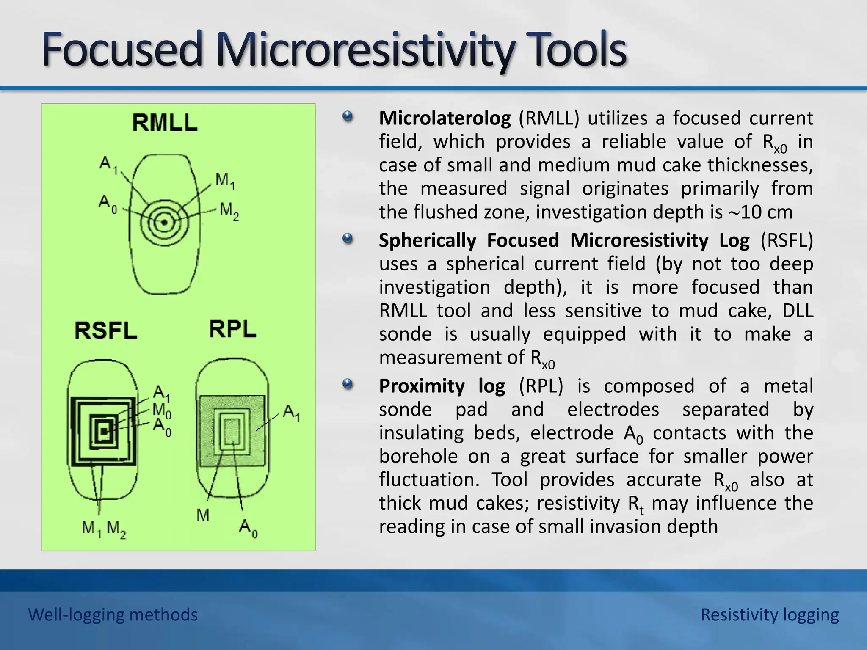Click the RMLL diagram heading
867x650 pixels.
[165, 123]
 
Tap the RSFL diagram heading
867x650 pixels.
[106, 331]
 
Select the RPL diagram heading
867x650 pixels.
[232, 329]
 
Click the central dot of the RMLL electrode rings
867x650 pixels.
[164, 223]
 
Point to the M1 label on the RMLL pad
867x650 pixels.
[225, 181]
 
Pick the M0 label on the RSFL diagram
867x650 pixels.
[161, 410]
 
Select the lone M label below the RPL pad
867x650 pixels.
[203, 515]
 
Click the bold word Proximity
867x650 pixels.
[422, 386]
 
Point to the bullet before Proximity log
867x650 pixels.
[348, 384]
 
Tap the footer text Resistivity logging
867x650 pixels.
[769, 614]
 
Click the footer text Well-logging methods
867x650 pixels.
[113, 614]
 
